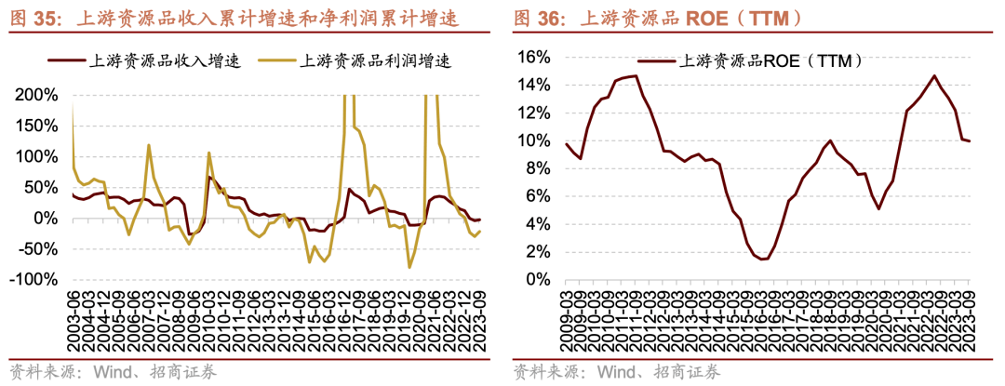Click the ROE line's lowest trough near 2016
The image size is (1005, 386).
(763, 259)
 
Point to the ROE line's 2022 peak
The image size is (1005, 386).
(933, 76)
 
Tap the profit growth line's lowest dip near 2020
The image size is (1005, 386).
(409, 268)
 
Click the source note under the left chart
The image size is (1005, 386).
(113, 371)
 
